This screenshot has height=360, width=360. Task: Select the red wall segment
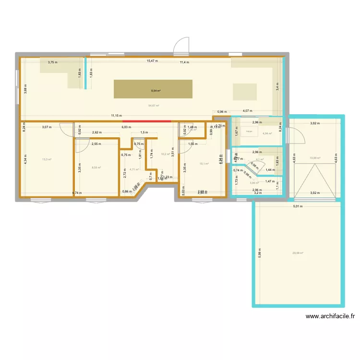[146, 121]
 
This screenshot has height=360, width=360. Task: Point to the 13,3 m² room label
[47, 160]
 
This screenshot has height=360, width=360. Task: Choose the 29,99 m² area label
[298, 253]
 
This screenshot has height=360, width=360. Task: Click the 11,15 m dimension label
[117, 116]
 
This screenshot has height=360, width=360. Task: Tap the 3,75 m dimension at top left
[53, 62]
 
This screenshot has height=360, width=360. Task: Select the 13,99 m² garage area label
[315, 157]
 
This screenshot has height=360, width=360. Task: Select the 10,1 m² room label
[204, 164]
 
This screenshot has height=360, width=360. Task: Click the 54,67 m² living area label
[154, 106]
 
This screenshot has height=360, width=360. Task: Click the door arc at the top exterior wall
[181, 46]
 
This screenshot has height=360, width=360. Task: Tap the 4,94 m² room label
[267, 134]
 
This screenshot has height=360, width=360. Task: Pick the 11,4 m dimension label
[184, 62]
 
